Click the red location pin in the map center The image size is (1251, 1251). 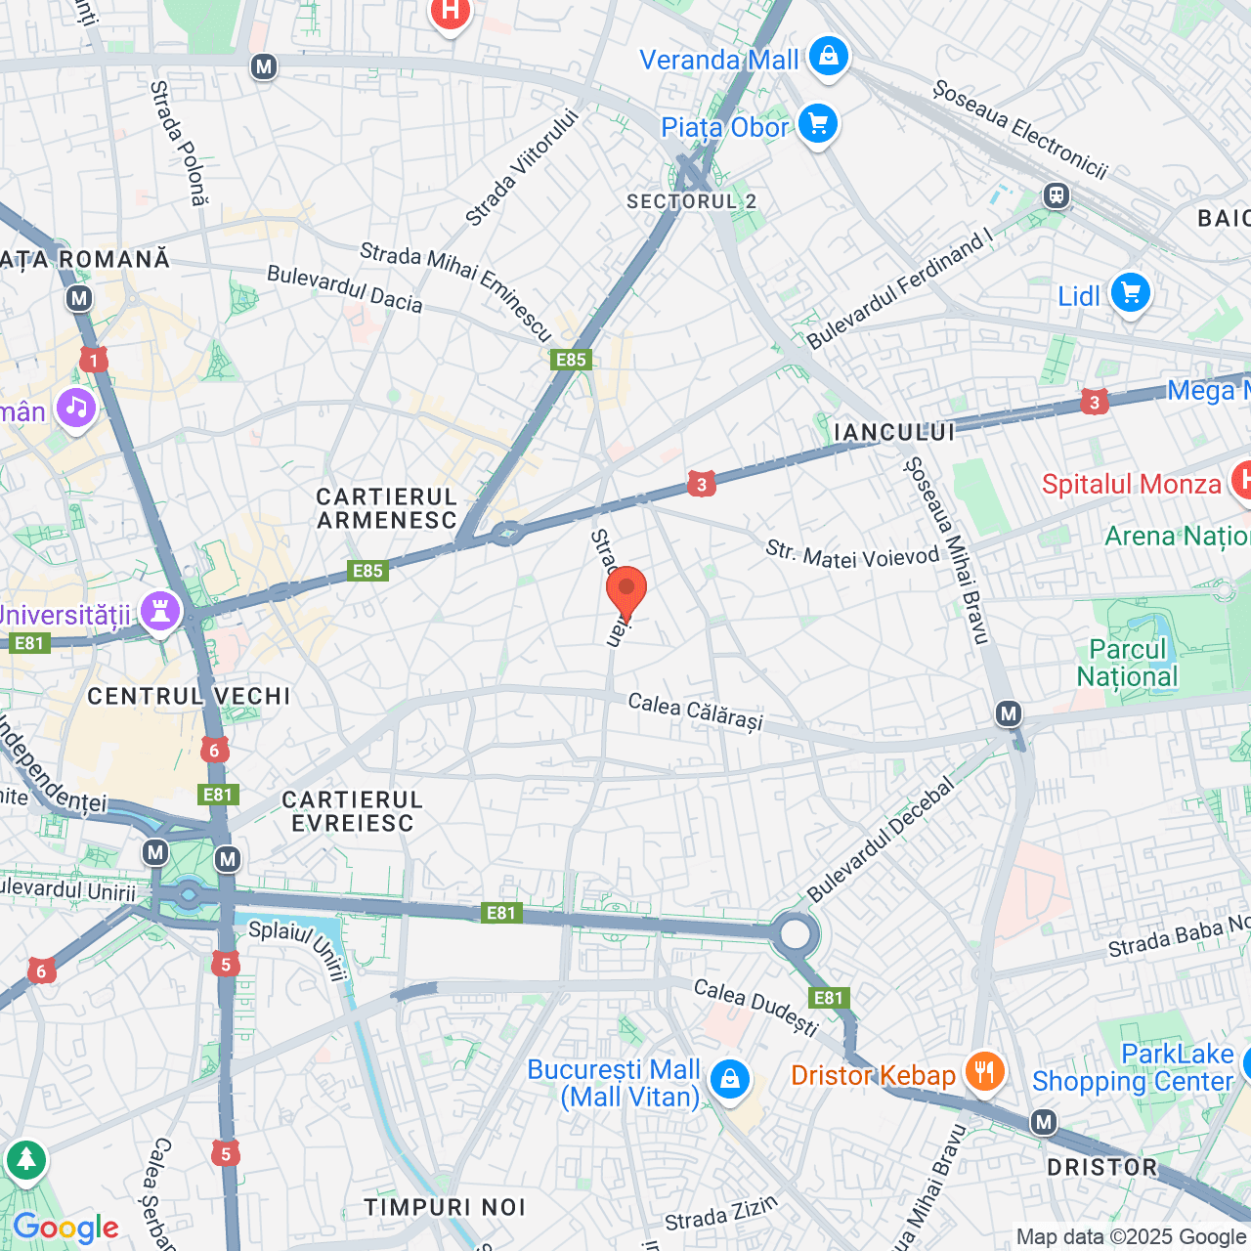tap(625, 590)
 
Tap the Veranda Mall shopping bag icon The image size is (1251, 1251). tap(828, 57)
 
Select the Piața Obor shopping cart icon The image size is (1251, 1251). tap(817, 124)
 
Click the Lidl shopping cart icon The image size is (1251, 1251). tap(1130, 293)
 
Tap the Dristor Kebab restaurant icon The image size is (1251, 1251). tap(984, 1072)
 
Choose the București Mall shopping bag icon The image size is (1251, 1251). tap(729, 1080)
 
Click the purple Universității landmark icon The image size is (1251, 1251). tap(160, 612)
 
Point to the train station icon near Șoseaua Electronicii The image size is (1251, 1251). tap(1056, 195)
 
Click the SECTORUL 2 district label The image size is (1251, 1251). tap(691, 201)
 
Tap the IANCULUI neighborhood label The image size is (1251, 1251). tap(893, 432)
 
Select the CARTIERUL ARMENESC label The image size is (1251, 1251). tap(387, 508)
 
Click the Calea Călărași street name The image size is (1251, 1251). tap(694, 712)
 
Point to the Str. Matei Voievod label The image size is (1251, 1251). tap(851, 555)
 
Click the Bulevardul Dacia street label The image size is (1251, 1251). tap(344, 288)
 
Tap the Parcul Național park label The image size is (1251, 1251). tap(1127, 664)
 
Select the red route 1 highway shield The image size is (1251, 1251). tap(94, 362)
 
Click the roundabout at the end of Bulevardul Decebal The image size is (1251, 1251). tap(795, 934)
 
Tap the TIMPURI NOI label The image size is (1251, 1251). tap(445, 1207)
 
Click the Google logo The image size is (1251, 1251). tap(65, 1228)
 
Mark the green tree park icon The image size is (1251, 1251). tap(25, 1160)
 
